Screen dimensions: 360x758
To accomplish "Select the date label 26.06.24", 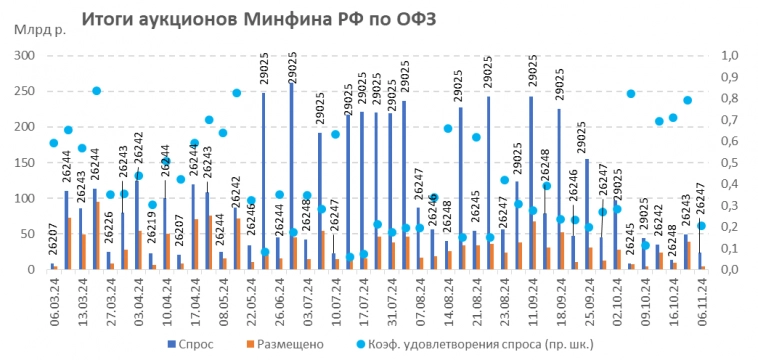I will [x=278, y=298].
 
